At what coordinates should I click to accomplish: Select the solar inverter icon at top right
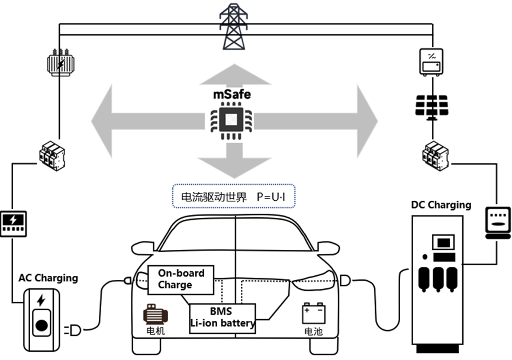point(433,62)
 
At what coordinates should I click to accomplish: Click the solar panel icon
point(433,105)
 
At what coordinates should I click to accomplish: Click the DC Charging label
point(441,205)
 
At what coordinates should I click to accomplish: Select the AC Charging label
point(48,278)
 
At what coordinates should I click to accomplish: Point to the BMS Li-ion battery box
point(222,317)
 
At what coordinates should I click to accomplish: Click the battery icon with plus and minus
point(314,312)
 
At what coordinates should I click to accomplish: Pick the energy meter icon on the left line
point(13,222)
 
